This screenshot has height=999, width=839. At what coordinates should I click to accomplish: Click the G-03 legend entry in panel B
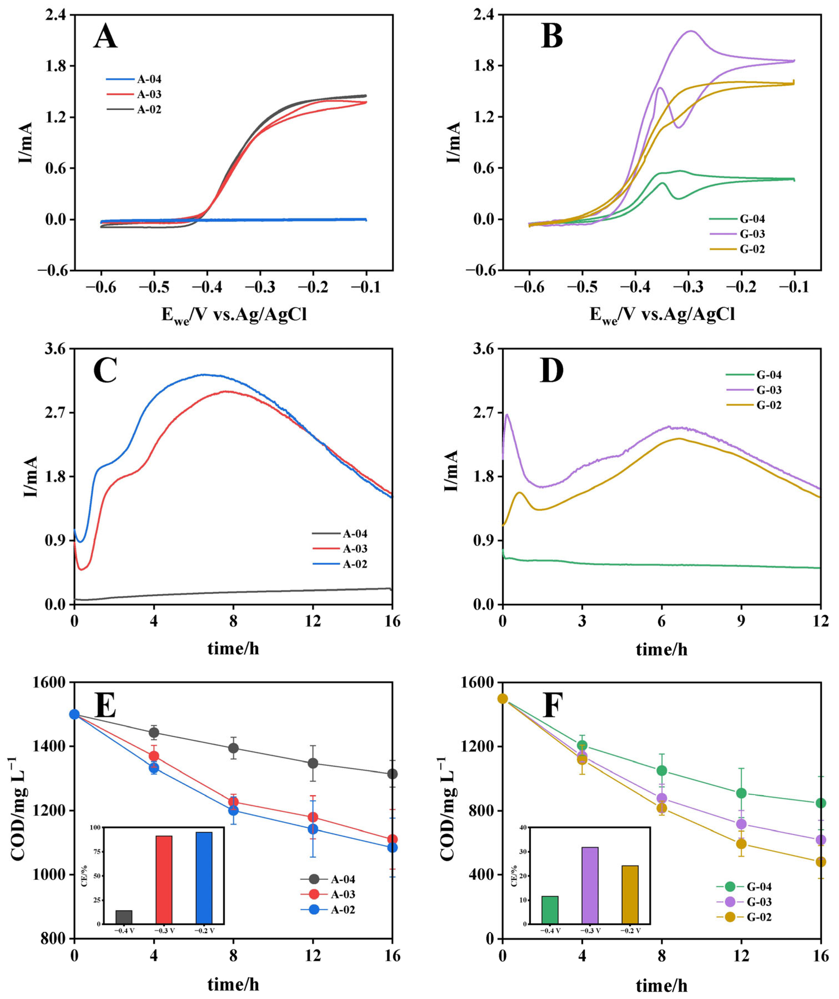pos(752,234)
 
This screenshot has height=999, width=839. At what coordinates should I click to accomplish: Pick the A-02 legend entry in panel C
pos(355,564)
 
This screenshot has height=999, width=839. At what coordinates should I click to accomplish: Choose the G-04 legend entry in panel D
pos(769,375)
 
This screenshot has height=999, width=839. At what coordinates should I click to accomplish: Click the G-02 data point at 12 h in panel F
pos(741,844)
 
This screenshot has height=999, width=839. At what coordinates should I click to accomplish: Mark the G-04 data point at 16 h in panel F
pos(820,803)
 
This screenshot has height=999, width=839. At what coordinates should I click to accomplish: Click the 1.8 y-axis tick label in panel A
pos(56,66)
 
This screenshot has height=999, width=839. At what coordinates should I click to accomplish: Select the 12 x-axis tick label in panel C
pos(313,621)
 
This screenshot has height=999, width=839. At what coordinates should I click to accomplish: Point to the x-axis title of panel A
pos(234,315)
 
